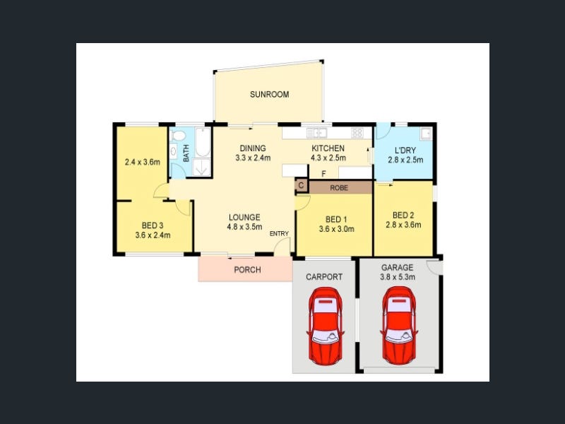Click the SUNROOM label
coord(269,95)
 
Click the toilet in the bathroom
coord(178,136)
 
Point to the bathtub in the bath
coord(203,142)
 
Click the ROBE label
coord(339,188)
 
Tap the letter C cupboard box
coord(302,186)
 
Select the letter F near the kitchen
coord(323,174)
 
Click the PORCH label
coord(248,270)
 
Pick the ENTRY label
coord(279,234)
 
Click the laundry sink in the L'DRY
coord(426,134)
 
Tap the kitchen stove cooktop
coord(357,134)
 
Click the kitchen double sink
coord(316,134)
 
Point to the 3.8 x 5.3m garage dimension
coord(398,277)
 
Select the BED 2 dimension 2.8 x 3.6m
coord(403,225)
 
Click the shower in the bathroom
coord(202,167)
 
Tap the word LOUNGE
coord(244,218)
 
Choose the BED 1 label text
coord(336,220)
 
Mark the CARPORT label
coord(324,277)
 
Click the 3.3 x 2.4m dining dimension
coord(253,158)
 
